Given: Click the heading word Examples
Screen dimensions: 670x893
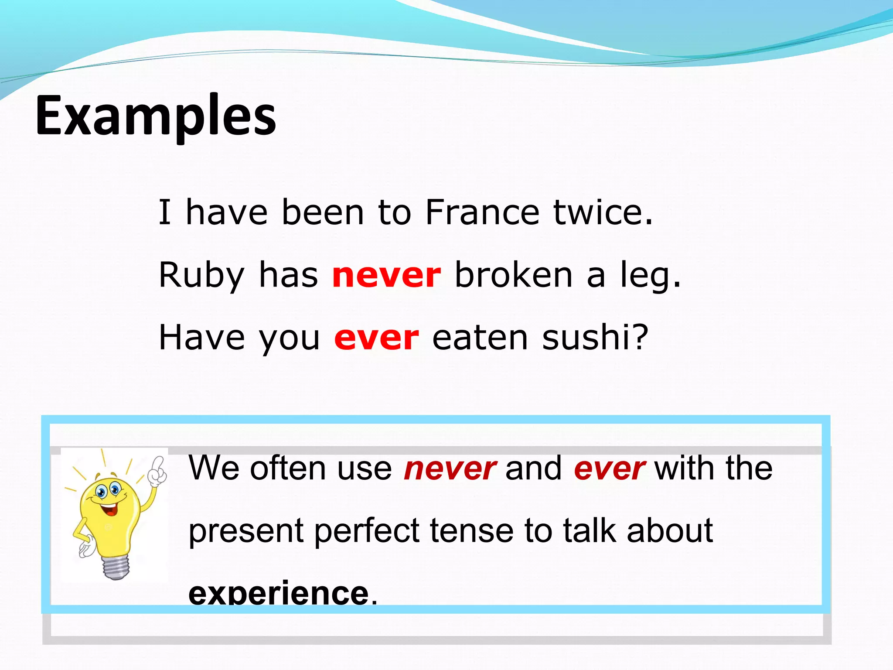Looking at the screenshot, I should tap(155, 116).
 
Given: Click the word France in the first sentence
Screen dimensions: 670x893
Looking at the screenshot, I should tap(482, 212).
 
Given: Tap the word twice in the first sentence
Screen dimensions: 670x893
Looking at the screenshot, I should tap(603, 212).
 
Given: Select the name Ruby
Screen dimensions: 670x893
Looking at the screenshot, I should tap(201, 275).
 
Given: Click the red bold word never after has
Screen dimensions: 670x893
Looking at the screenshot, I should tap(386, 276).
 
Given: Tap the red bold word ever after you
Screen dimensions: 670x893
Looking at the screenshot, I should tap(376, 338).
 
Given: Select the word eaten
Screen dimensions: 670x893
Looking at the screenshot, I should tap(480, 338).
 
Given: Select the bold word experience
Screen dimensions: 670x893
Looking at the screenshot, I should tap(278, 594).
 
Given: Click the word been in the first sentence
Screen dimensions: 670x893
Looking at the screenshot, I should tap(323, 212).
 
